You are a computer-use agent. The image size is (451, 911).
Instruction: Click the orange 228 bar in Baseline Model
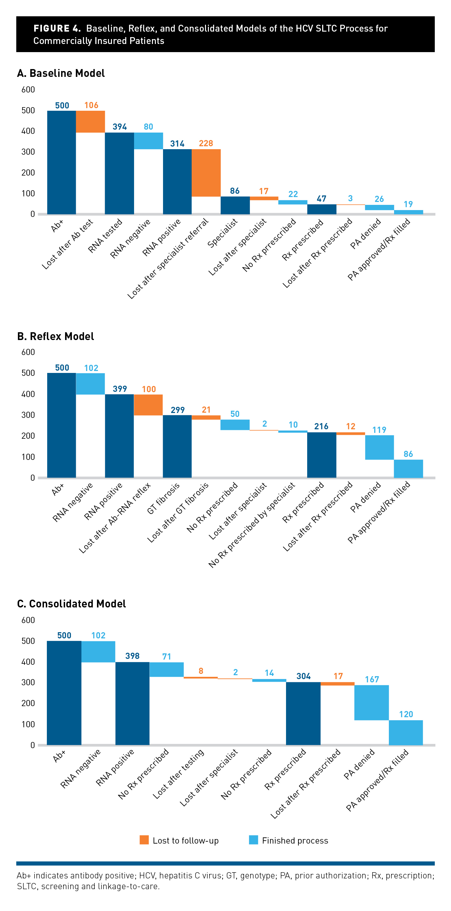(x=206, y=173)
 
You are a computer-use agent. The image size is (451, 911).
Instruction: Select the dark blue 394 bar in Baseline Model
(x=119, y=173)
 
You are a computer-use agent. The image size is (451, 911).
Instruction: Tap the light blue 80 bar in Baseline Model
(x=148, y=141)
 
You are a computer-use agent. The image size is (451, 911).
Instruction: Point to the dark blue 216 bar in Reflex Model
(x=321, y=455)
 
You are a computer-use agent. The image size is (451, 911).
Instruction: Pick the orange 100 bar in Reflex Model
(x=148, y=405)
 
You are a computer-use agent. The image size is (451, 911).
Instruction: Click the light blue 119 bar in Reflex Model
(x=379, y=448)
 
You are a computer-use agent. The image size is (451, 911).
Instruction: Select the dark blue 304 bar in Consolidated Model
(x=303, y=713)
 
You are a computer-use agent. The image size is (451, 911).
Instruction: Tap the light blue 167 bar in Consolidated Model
(x=372, y=702)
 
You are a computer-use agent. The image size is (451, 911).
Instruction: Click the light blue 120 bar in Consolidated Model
(x=406, y=733)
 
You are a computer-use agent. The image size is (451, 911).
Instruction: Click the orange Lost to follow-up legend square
(x=144, y=840)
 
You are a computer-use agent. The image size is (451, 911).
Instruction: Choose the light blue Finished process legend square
(x=253, y=840)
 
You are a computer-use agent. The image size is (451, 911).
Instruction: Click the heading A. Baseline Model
(x=61, y=73)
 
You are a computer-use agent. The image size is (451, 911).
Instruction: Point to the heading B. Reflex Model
(x=56, y=336)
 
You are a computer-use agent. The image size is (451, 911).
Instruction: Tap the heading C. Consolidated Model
(x=71, y=604)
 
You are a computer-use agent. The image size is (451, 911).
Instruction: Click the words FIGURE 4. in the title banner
(x=57, y=28)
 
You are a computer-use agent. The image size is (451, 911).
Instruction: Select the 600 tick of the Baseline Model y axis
(x=28, y=90)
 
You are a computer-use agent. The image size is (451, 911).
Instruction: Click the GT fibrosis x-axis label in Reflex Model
(x=163, y=498)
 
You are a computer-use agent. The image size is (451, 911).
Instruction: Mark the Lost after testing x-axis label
(x=179, y=774)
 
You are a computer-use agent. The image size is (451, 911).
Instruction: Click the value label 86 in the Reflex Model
(x=408, y=454)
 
